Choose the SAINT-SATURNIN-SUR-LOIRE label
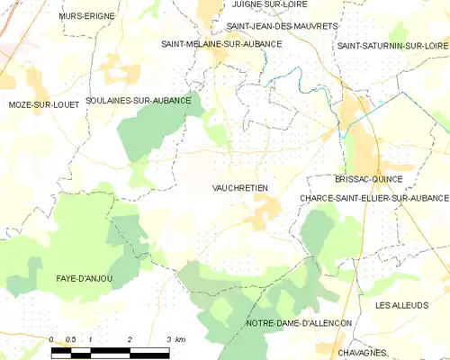pos(391,45)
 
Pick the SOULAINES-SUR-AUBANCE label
pos(138,101)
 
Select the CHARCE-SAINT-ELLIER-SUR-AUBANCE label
pos(373,197)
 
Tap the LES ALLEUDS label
pos(402,305)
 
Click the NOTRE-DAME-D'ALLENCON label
pos(299,322)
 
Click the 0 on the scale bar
pos(52,339)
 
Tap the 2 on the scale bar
pos(130,339)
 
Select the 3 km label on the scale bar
pos(175,339)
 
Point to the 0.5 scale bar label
pos(72,339)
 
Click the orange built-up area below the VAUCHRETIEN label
pos(265,212)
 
